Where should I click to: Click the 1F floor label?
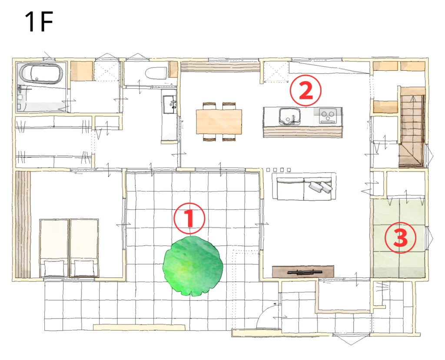pos(39,22)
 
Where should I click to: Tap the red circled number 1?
pos(189,218)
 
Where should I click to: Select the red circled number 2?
pos(306,90)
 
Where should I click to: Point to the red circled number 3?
pos(400,238)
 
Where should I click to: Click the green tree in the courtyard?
pos(193,266)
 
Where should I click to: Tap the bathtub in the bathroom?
pos(41,74)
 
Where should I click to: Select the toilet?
pos(156,73)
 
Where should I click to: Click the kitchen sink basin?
pos(289,116)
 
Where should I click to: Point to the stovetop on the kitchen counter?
pos(328,116)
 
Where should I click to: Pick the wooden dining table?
pos(219,122)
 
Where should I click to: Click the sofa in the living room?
pos(304,186)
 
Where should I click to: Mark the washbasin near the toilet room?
pos(170,104)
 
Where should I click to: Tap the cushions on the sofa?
pos(320,187)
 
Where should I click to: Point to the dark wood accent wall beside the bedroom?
pos(23,224)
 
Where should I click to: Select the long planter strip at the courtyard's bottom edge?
pos(139,327)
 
